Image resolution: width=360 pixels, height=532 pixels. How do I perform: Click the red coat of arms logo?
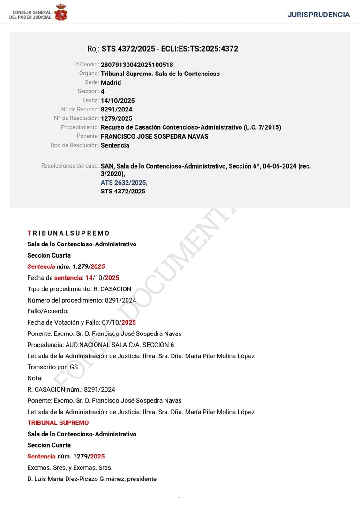pyautogui.click(x=61, y=12)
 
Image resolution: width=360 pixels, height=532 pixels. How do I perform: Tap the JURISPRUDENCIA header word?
pyautogui.click(x=318, y=15)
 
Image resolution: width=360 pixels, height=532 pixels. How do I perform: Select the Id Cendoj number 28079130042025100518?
pyautogui.click(x=136, y=65)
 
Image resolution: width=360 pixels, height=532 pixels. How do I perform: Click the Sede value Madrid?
pyautogui.click(x=111, y=82)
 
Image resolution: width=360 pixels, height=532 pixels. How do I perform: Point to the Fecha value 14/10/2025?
pyautogui.click(x=117, y=100)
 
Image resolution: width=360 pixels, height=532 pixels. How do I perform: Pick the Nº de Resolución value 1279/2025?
pyautogui.click(x=116, y=118)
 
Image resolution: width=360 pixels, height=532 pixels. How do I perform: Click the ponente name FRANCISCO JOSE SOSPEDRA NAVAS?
pyautogui.click(x=154, y=136)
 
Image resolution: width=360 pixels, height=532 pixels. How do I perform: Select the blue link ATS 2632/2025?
pyautogui.click(x=124, y=182)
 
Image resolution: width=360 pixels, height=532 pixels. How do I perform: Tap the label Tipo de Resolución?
pyautogui.click(x=74, y=145)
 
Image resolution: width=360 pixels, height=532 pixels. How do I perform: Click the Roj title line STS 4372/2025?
pyautogui.click(x=163, y=49)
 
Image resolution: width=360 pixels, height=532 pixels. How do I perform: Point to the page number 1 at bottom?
pyautogui.click(x=180, y=500)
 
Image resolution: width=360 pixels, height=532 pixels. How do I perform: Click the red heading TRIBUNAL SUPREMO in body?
pyautogui.click(x=58, y=422)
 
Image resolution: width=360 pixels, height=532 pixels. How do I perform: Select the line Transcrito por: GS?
pyautogui.click(x=52, y=367)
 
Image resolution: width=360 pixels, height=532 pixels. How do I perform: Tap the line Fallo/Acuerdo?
pyautogui.click(x=48, y=311)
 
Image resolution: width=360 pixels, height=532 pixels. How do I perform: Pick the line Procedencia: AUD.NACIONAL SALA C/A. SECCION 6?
pyautogui.click(x=100, y=345)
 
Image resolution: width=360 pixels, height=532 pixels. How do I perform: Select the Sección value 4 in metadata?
pyautogui.click(x=103, y=91)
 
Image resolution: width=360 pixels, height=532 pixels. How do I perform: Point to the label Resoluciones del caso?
pyautogui.click(x=70, y=166)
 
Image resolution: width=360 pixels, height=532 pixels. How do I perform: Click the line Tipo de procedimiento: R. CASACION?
pyautogui.click(x=79, y=289)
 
